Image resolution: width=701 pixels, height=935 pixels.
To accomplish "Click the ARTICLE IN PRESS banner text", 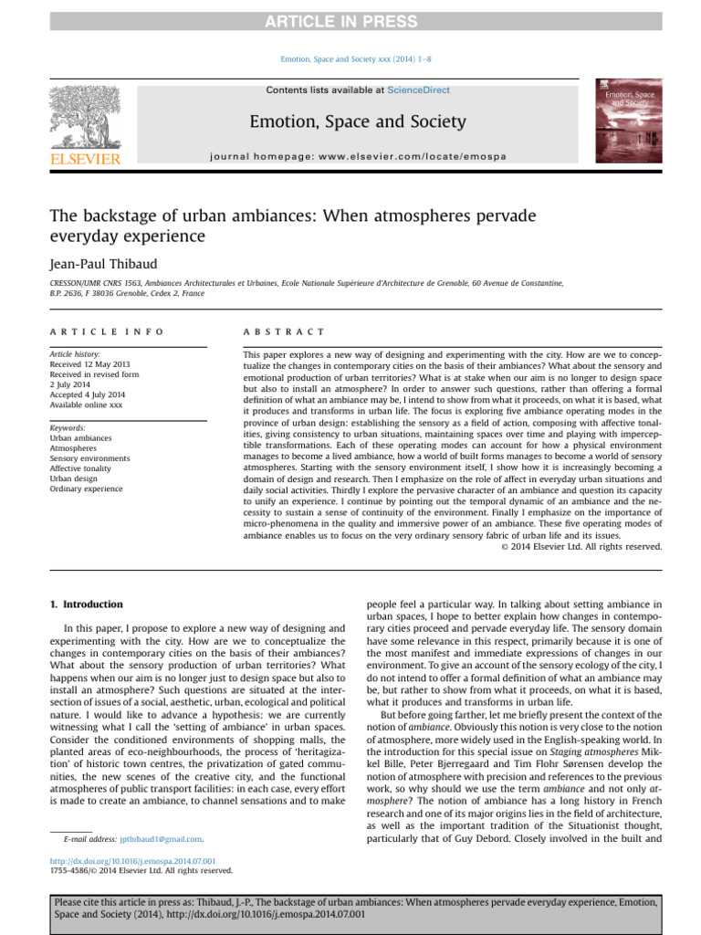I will pos(350,22).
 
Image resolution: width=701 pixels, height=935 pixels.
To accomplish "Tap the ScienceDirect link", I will pos(418,89).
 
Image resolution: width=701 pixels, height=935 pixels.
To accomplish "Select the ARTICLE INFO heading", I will pos(107,331).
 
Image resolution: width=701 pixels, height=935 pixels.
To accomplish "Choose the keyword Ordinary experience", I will pos(86,489).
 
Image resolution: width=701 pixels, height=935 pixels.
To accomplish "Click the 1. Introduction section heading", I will pos(85,604).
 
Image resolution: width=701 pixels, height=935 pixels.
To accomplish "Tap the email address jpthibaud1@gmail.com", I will pos(161,837).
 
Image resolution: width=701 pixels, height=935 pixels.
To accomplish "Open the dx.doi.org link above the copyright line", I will pos(133,860).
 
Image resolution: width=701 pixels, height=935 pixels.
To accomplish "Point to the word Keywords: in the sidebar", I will pos(68,427).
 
